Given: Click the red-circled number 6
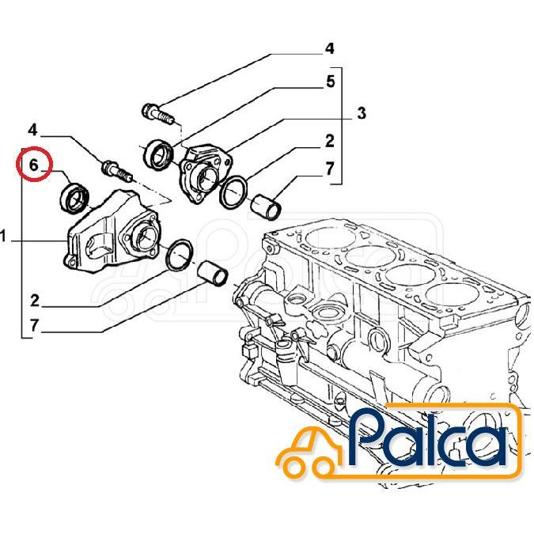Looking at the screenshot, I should [34, 165].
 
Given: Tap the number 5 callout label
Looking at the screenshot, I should [330, 81].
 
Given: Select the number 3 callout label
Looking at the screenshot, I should [361, 114].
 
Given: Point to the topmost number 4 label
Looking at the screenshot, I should [329, 49].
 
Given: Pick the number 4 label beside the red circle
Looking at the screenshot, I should [32, 129].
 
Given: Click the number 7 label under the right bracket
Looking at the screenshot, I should [329, 168].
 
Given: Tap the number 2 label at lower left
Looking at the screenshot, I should [34, 300].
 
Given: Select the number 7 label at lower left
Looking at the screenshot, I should [34, 326].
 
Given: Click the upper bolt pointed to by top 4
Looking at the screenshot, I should [158, 114].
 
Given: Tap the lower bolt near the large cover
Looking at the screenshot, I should [113, 169].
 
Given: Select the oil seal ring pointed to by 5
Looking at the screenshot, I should [158, 153].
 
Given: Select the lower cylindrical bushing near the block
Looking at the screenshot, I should [213, 274].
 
